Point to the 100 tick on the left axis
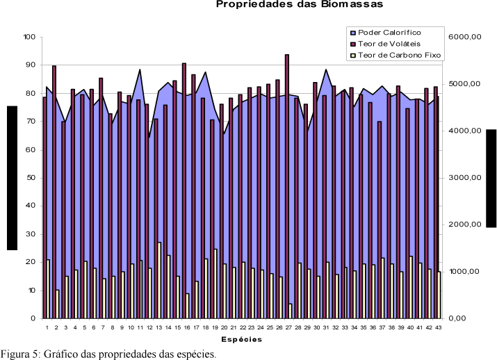coord(28,37)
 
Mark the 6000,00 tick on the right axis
coord(466,37)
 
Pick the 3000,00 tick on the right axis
coord(466,178)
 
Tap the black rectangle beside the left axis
coord(12,178)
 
